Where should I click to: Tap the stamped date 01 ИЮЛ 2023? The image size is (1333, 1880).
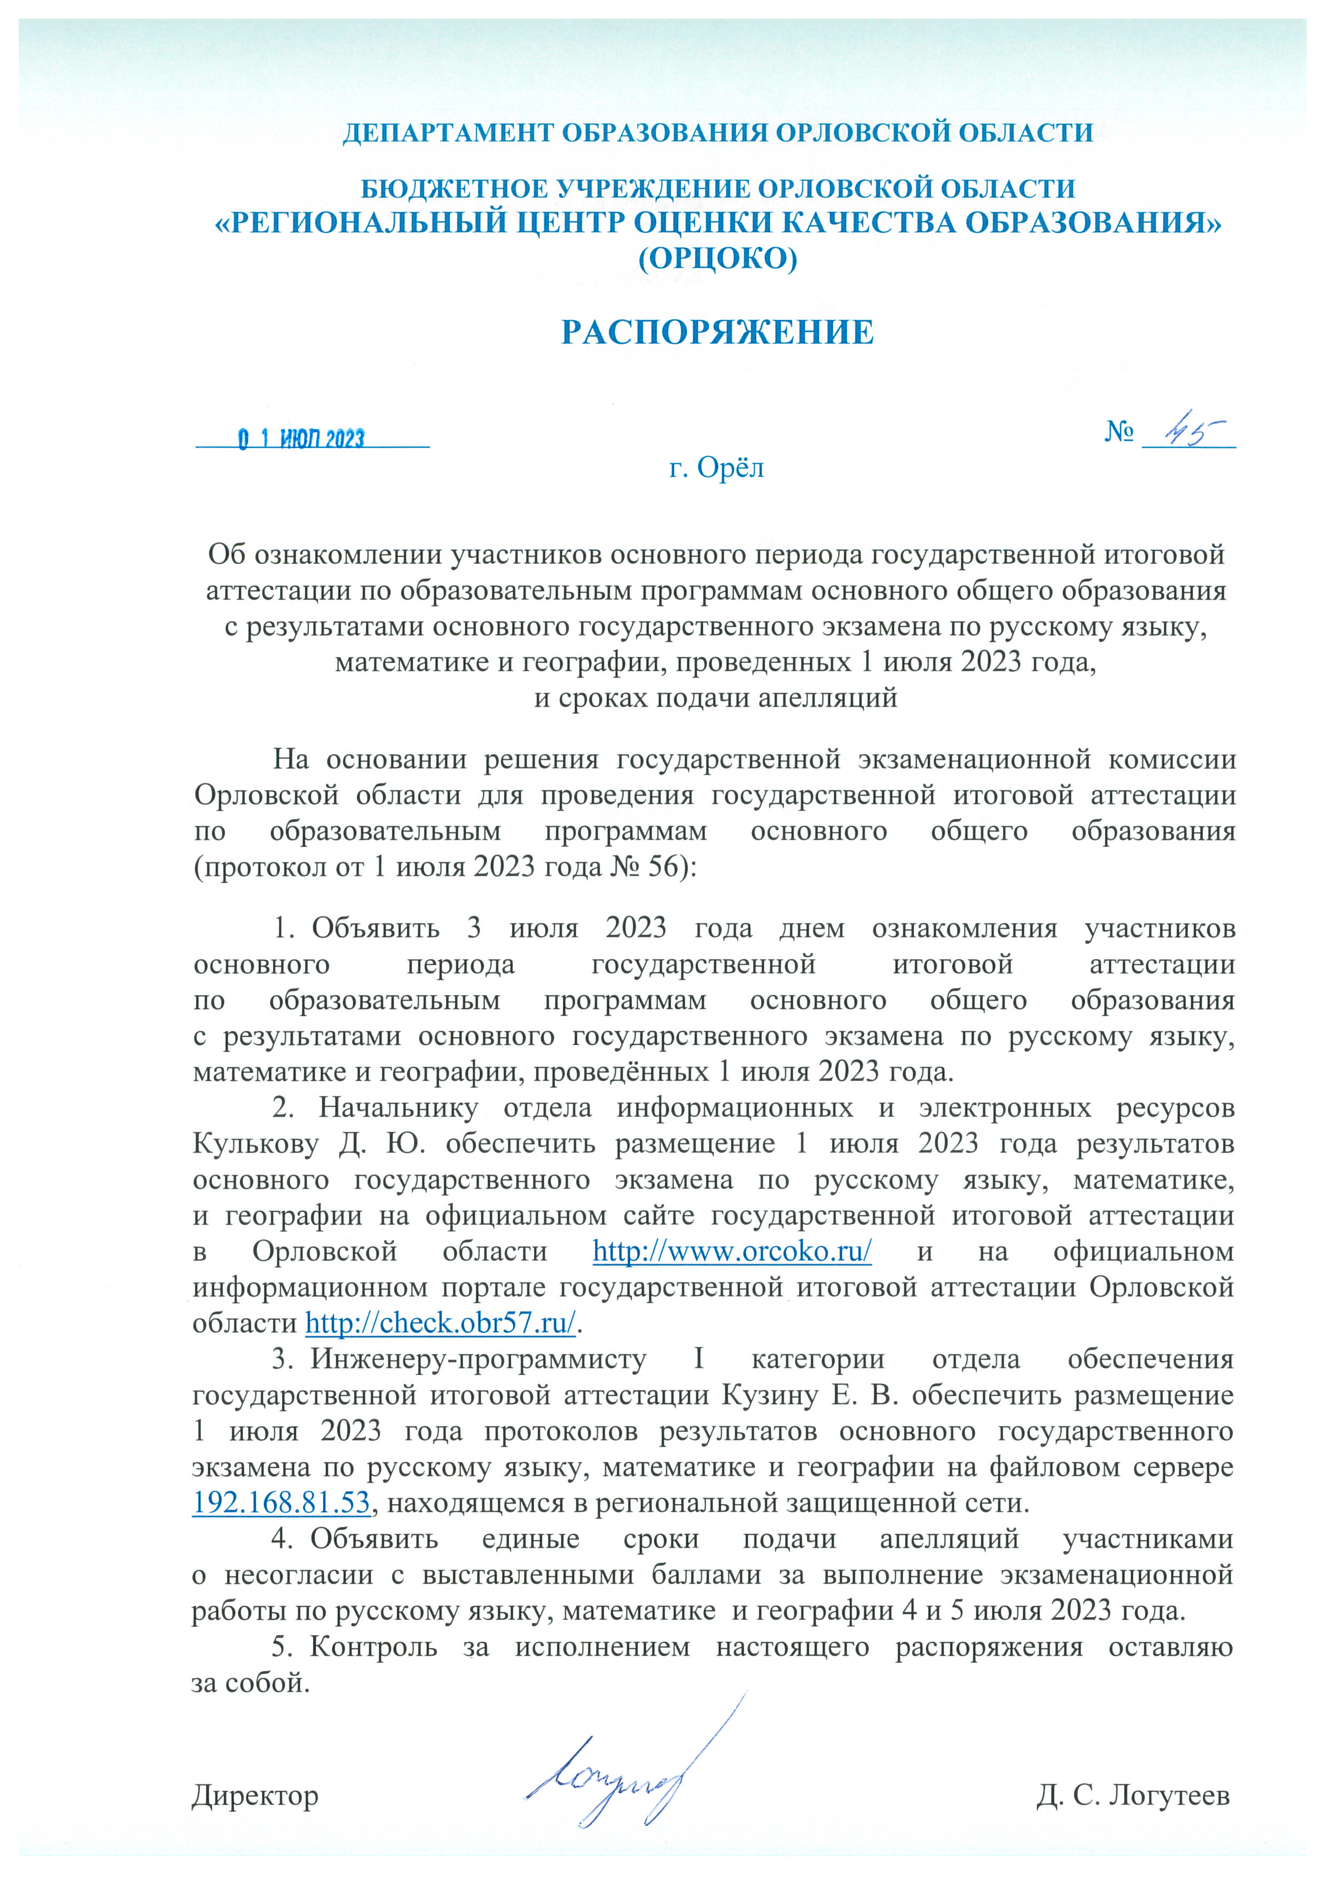301,439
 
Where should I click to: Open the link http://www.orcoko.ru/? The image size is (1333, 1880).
731,1251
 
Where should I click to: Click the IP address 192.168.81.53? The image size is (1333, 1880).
281,1502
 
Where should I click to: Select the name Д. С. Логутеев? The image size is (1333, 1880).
1133,1796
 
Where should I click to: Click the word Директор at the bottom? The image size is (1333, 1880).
255,1796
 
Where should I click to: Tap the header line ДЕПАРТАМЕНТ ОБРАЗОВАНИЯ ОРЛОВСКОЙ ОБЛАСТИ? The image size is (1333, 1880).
717,133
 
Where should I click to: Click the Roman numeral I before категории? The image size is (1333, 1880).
699,1359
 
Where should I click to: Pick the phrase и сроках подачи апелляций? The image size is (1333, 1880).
716,699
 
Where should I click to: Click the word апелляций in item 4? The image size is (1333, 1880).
949,1539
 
